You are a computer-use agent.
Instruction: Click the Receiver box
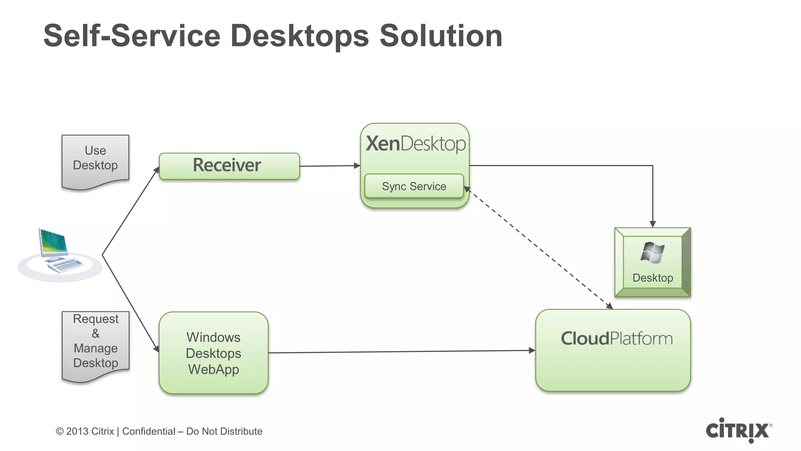point(229,166)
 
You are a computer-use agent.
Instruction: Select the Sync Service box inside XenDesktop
point(414,186)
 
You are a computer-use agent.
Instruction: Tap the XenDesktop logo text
point(415,144)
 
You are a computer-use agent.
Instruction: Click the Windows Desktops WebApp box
point(214,353)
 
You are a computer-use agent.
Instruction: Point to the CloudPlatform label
point(616,339)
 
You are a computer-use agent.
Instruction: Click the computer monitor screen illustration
point(54,242)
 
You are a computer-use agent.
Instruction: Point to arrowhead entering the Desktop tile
point(652,224)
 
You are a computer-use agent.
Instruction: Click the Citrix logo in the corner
point(738,430)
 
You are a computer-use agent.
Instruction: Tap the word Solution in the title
point(441,36)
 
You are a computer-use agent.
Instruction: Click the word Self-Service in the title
point(132,36)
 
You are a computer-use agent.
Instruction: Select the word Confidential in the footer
point(149,431)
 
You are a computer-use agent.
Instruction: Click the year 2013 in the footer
point(77,431)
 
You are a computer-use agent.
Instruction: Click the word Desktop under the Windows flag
point(652,278)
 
